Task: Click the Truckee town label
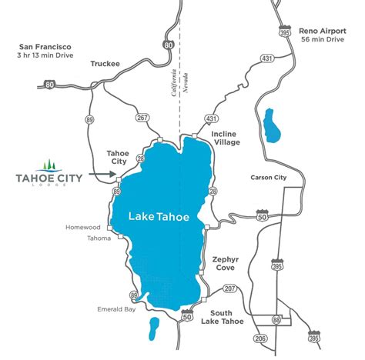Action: click(x=105, y=64)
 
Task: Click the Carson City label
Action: click(x=269, y=177)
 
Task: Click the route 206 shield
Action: click(x=260, y=338)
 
